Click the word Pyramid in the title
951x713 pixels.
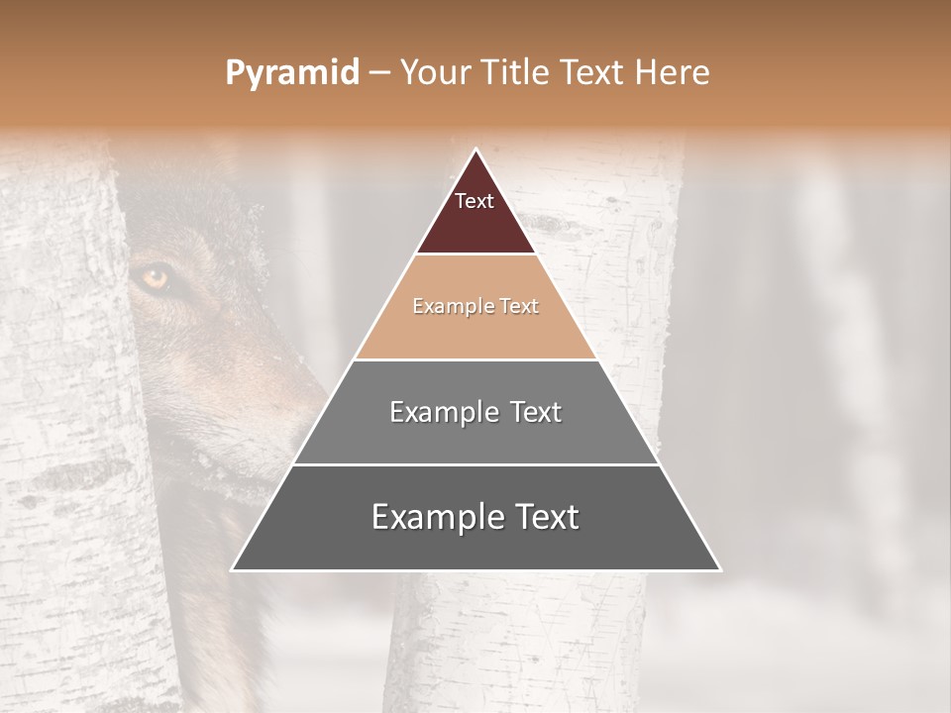click(291, 73)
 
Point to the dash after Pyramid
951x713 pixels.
click(378, 73)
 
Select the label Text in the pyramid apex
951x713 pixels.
click(475, 201)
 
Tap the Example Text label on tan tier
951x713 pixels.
click(475, 306)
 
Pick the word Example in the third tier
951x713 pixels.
click(436, 412)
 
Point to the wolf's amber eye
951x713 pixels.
click(155, 278)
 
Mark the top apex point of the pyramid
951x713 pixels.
click(476, 150)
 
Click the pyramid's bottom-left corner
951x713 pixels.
click(233, 569)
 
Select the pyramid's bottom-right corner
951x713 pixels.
click(720, 569)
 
